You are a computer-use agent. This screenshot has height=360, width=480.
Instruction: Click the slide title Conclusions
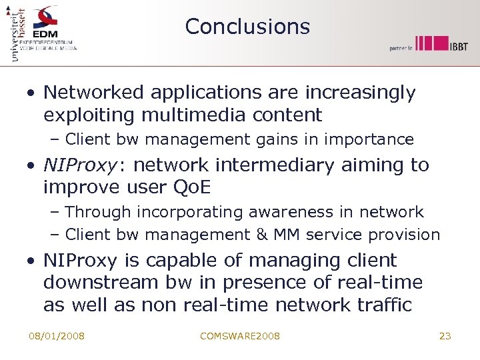click(x=247, y=27)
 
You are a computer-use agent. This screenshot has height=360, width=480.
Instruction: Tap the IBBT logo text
click(x=458, y=45)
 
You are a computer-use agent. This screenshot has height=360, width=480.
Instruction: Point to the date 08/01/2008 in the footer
click(x=57, y=336)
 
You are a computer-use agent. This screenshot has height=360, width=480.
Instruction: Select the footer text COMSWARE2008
click(x=240, y=336)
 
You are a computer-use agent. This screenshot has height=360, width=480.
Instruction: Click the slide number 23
click(x=445, y=336)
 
